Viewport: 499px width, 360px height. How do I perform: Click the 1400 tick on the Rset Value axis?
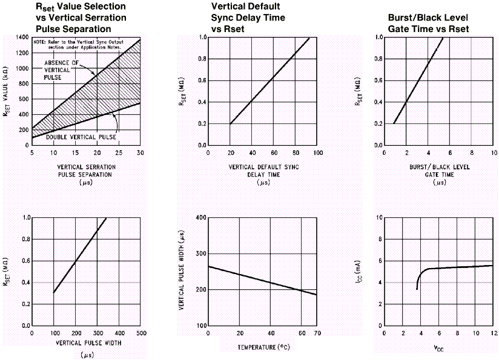(x=21, y=38)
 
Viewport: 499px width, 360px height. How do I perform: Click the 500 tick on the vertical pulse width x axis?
(x=140, y=333)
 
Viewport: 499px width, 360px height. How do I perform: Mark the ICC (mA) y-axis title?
(x=362, y=271)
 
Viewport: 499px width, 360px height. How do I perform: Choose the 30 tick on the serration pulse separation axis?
(x=139, y=152)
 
